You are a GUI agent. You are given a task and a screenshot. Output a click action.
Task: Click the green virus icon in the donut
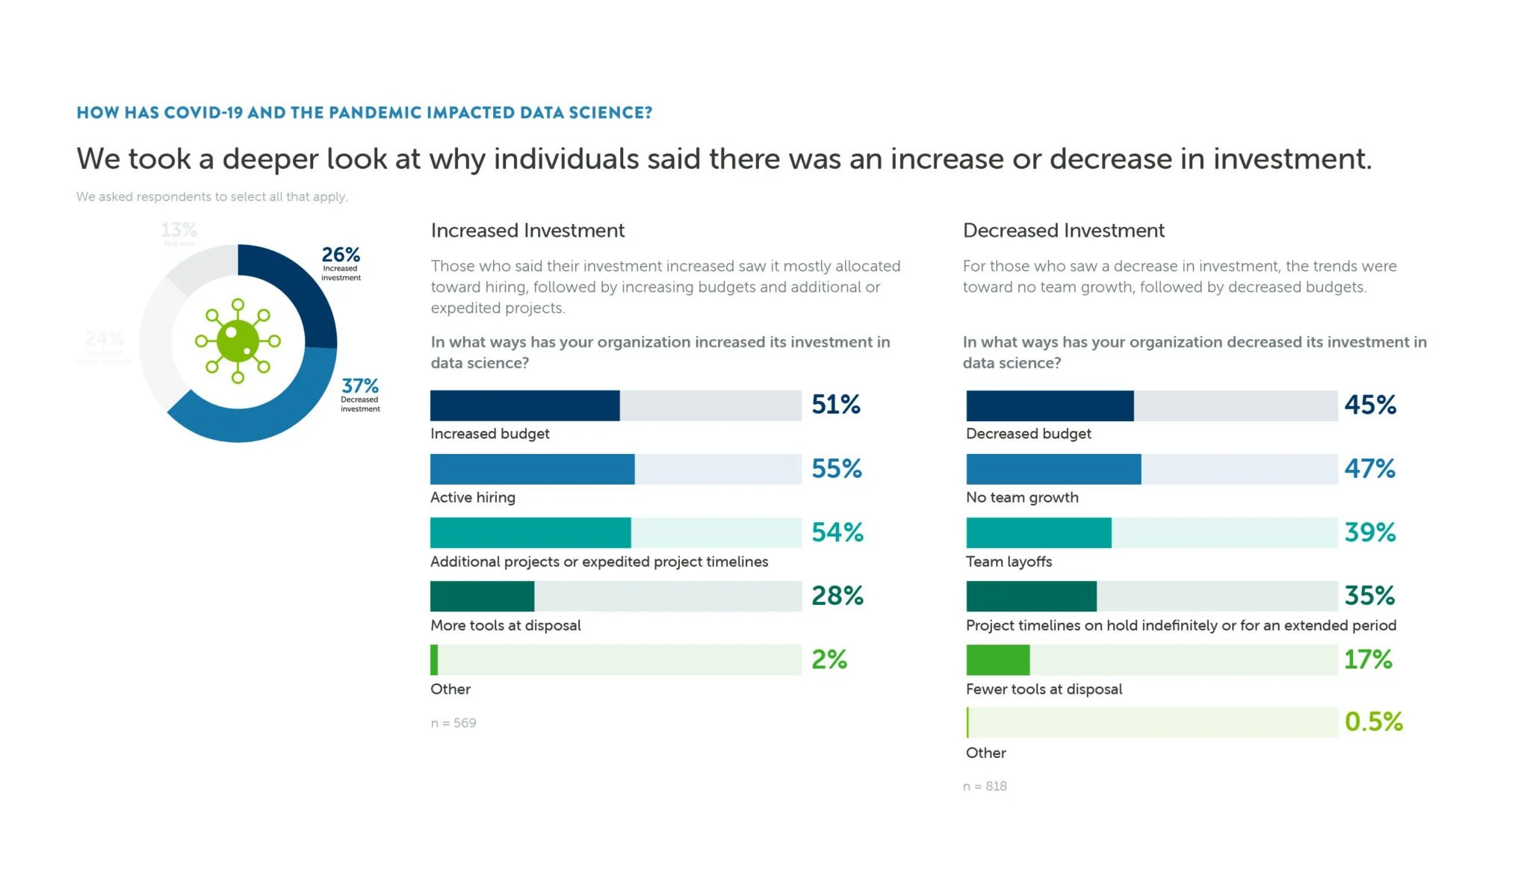click(x=238, y=341)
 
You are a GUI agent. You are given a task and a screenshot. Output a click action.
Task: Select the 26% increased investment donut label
click(x=341, y=263)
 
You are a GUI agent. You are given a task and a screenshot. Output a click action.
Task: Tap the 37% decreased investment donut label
click(x=360, y=394)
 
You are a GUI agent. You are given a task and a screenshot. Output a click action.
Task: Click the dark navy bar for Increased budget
click(x=524, y=406)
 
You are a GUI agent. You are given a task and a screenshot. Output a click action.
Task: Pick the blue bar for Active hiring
click(x=532, y=469)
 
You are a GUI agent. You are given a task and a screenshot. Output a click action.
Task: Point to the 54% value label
click(x=837, y=533)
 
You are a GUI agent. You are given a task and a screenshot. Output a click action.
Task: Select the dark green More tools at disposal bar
click(x=482, y=596)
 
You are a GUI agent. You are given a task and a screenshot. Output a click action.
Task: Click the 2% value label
click(x=829, y=659)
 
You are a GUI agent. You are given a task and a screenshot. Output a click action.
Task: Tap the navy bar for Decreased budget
click(x=1049, y=406)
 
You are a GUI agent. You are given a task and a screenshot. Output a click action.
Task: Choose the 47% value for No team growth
click(x=1369, y=469)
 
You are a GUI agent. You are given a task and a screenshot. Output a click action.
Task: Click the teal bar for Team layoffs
click(x=1038, y=533)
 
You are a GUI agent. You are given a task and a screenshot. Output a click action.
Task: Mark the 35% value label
click(x=1369, y=596)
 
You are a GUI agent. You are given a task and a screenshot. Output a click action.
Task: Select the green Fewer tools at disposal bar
click(x=997, y=659)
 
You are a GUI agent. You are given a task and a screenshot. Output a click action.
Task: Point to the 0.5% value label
click(x=1373, y=721)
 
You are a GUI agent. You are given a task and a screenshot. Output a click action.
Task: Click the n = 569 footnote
click(x=453, y=723)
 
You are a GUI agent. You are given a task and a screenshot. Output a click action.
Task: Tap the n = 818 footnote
click(x=985, y=786)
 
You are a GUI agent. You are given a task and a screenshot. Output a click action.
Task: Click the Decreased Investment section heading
click(x=1063, y=231)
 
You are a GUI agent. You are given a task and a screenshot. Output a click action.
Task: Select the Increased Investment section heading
click(x=527, y=231)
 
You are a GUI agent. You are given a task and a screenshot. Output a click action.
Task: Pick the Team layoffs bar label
click(x=1009, y=562)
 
